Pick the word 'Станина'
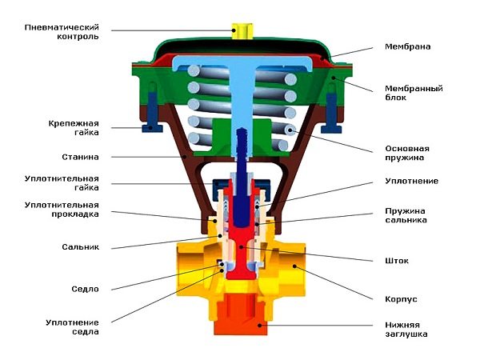pyautogui.click(x=79, y=157)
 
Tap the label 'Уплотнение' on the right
pyautogui.click(x=411, y=181)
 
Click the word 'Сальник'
pyautogui.click(x=79, y=247)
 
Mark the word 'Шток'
pyautogui.click(x=396, y=261)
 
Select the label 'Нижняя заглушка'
pyautogui.click(x=407, y=330)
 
